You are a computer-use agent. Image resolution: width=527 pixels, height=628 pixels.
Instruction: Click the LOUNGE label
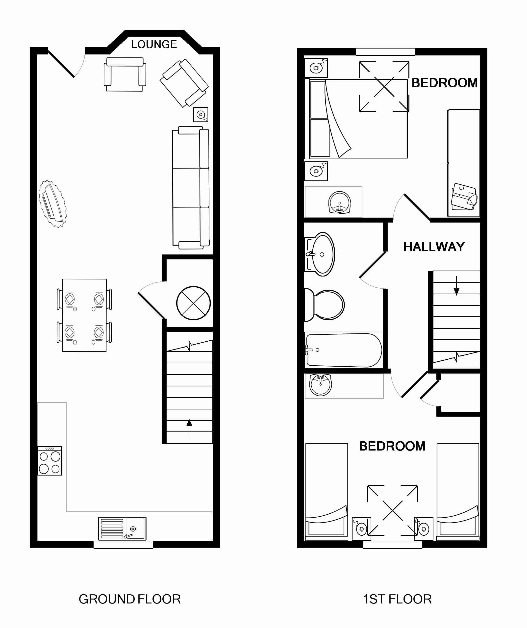point(154,44)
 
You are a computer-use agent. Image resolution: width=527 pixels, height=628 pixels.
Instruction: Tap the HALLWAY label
point(434,247)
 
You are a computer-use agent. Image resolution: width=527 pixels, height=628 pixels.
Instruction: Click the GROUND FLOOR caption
point(129,599)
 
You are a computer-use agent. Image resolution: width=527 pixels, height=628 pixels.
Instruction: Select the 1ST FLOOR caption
point(397,599)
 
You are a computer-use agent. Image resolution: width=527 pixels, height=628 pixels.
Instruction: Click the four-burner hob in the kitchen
point(50,461)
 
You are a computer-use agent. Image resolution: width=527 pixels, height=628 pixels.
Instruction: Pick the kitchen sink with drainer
point(122,529)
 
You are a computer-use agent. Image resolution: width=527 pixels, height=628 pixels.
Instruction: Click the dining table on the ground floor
point(84,315)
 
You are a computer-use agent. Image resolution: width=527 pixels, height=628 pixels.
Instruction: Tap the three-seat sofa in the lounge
point(191,188)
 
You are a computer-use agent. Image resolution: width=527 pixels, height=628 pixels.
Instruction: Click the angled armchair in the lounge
point(184,83)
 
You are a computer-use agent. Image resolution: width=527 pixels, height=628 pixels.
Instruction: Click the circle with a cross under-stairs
point(194,303)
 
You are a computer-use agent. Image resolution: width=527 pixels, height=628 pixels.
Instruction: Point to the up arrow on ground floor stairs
point(189,429)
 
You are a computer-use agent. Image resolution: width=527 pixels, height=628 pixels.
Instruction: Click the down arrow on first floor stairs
point(456,285)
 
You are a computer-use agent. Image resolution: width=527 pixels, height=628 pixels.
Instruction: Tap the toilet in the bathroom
point(325,305)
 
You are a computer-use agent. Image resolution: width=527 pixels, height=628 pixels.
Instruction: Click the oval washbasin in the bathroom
point(320,254)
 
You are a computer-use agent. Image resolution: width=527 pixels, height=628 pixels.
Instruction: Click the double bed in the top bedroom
point(356,119)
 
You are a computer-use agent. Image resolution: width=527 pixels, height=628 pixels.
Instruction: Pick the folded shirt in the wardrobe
point(464,197)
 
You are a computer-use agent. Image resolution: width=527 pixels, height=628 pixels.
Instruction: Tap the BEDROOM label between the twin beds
point(392,446)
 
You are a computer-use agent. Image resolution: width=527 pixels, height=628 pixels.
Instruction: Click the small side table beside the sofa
point(201,115)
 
